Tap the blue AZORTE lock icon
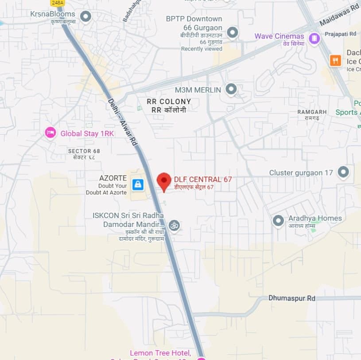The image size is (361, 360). [x=138, y=184]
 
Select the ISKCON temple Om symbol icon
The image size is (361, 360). [x=174, y=225]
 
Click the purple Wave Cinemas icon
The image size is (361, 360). [x=314, y=39]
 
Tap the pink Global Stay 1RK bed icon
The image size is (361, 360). [x=51, y=133]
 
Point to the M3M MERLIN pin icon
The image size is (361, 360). [x=231, y=90]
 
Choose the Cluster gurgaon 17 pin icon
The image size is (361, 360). [x=343, y=172]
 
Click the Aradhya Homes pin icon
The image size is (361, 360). [x=278, y=220]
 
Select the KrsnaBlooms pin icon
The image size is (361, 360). [x=85, y=17]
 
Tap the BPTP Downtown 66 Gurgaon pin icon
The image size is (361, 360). [x=232, y=32]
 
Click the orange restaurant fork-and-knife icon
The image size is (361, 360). [x=335, y=60]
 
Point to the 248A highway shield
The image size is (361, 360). [x=58, y=3]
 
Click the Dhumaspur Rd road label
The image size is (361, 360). [x=291, y=298]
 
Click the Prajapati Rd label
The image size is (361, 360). [x=340, y=34]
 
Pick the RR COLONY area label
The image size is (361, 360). [x=169, y=102]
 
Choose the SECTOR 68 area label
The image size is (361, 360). [x=84, y=151]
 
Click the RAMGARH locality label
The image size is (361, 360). [x=312, y=112]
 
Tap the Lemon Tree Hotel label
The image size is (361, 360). [x=160, y=353]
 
